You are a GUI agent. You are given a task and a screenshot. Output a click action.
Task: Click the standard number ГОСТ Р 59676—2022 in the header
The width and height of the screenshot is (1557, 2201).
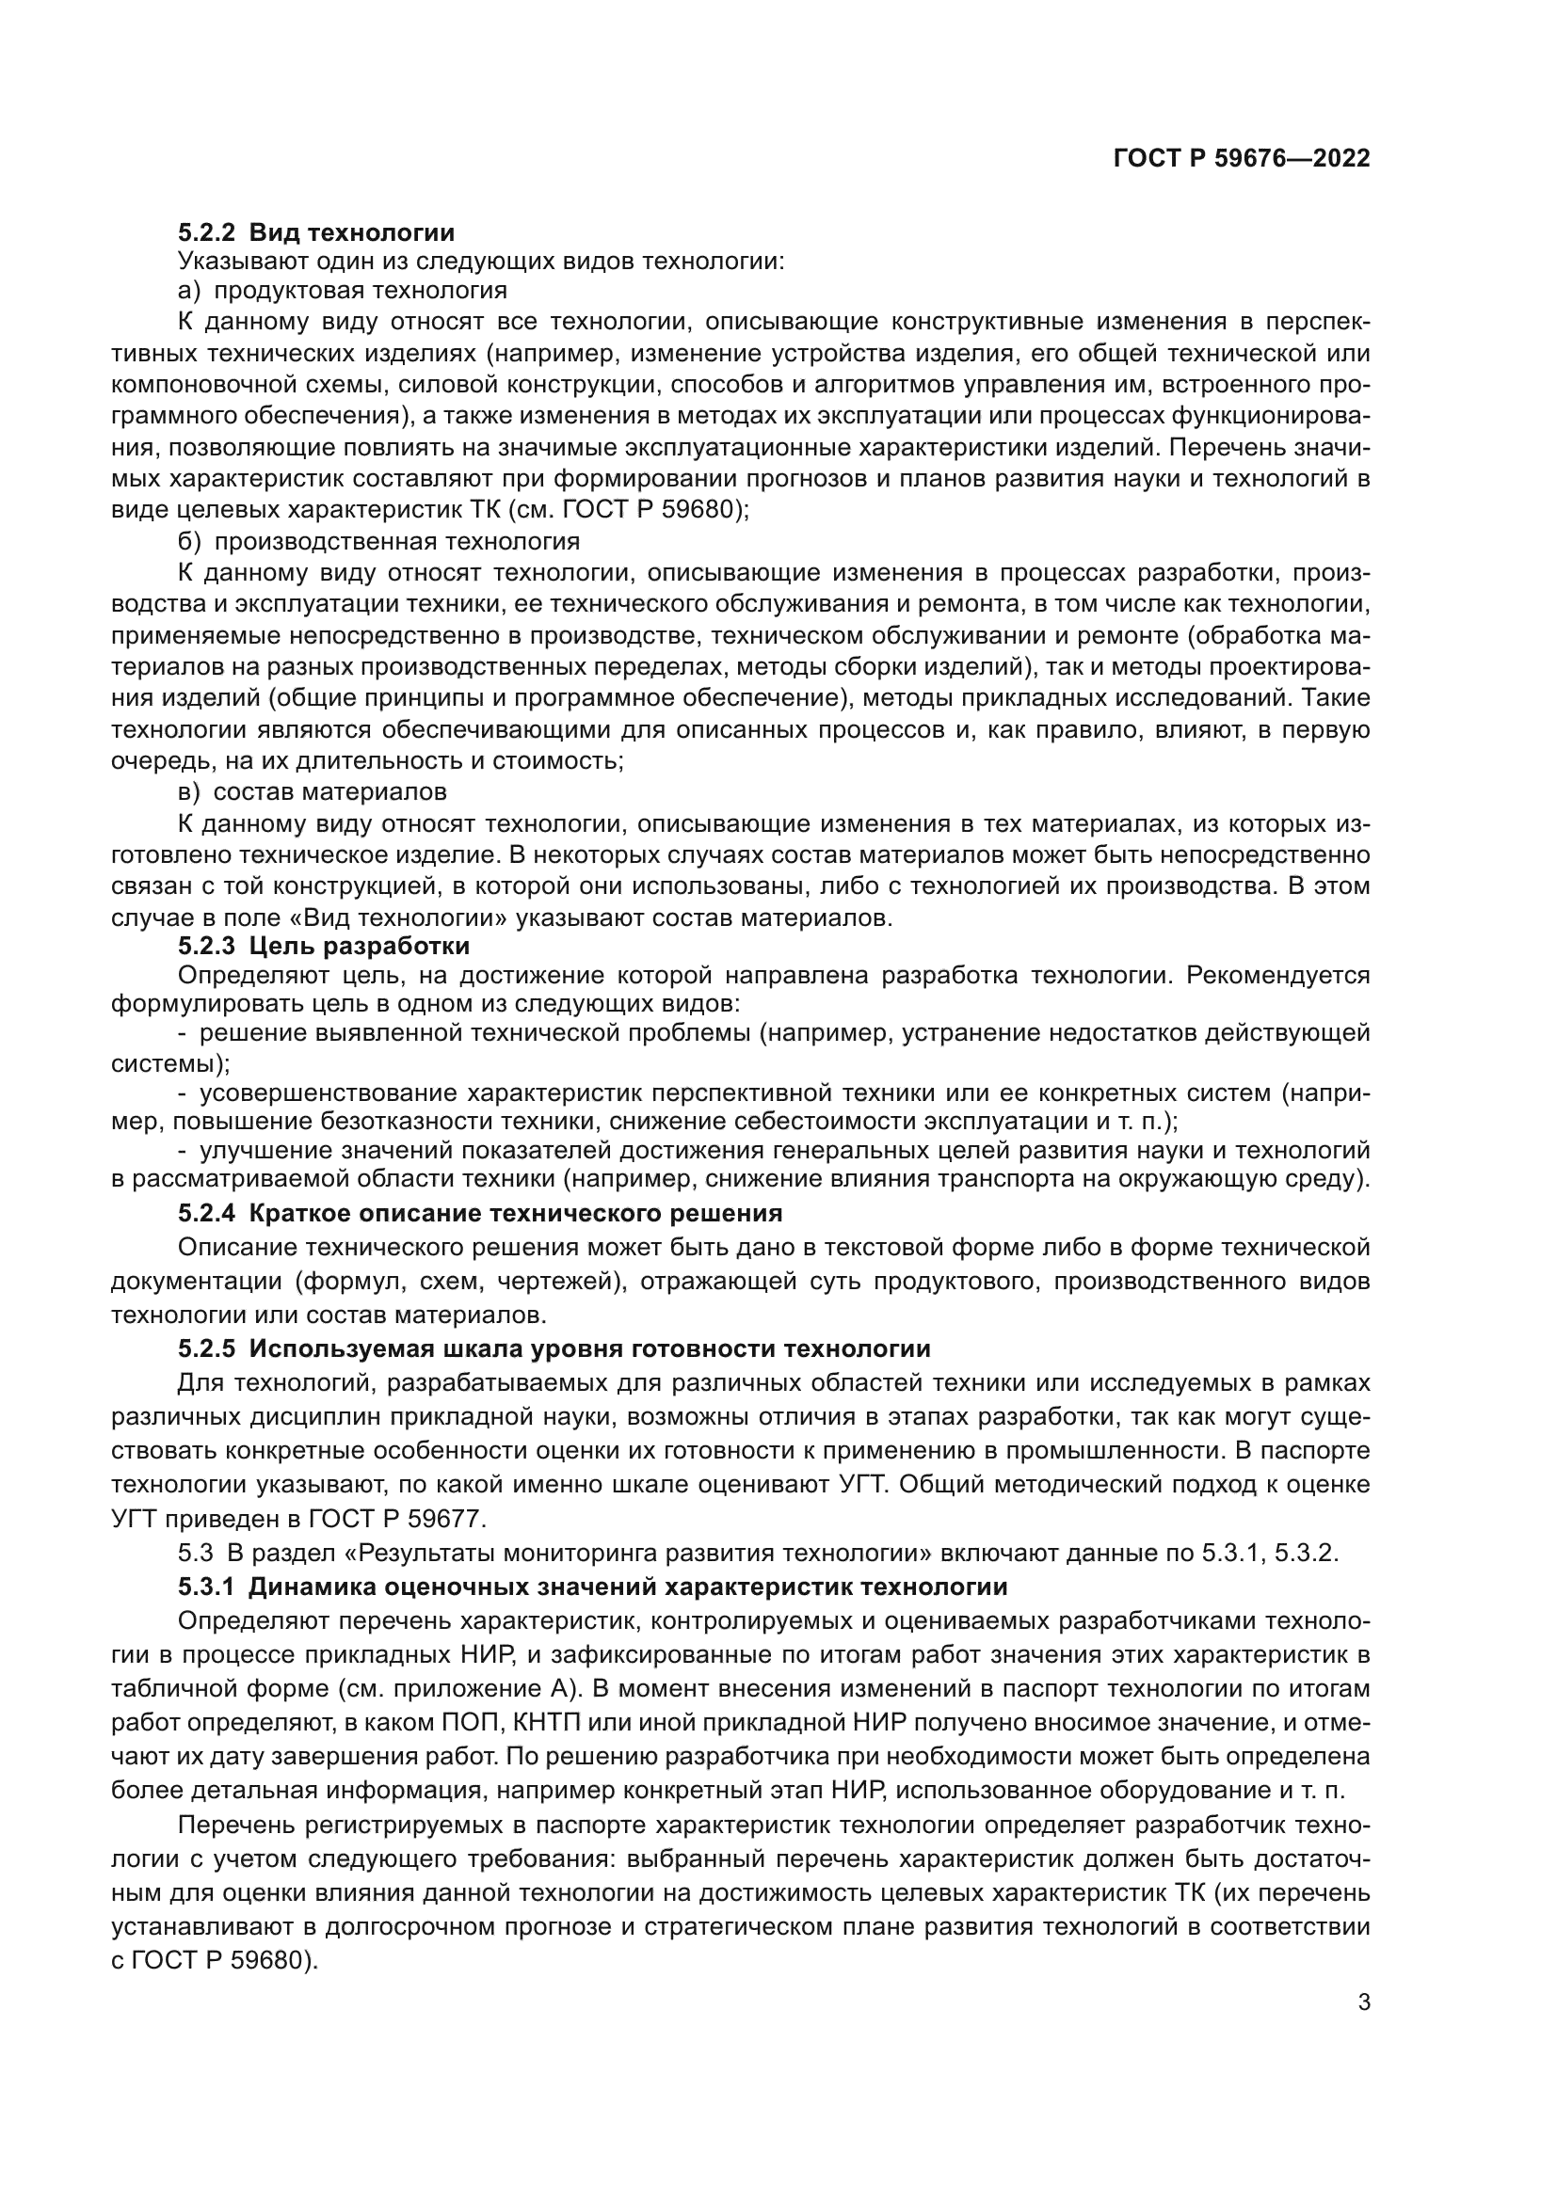click(x=1242, y=159)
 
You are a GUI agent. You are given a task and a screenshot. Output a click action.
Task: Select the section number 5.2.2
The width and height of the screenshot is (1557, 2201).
click(x=206, y=233)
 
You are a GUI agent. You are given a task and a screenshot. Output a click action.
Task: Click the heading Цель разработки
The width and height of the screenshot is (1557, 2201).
click(x=360, y=946)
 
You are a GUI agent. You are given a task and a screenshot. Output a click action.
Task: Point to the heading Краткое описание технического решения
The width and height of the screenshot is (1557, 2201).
click(x=516, y=1214)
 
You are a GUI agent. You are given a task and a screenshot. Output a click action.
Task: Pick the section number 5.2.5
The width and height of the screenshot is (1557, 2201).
click(x=206, y=1348)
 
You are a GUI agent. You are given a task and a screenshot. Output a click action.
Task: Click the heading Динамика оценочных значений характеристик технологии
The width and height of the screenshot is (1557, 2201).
click(x=628, y=1587)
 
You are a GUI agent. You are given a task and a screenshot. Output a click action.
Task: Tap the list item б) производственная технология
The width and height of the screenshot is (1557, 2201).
click(x=378, y=542)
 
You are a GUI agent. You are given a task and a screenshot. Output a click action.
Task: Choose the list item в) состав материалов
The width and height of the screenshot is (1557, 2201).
click(x=313, y=791)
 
